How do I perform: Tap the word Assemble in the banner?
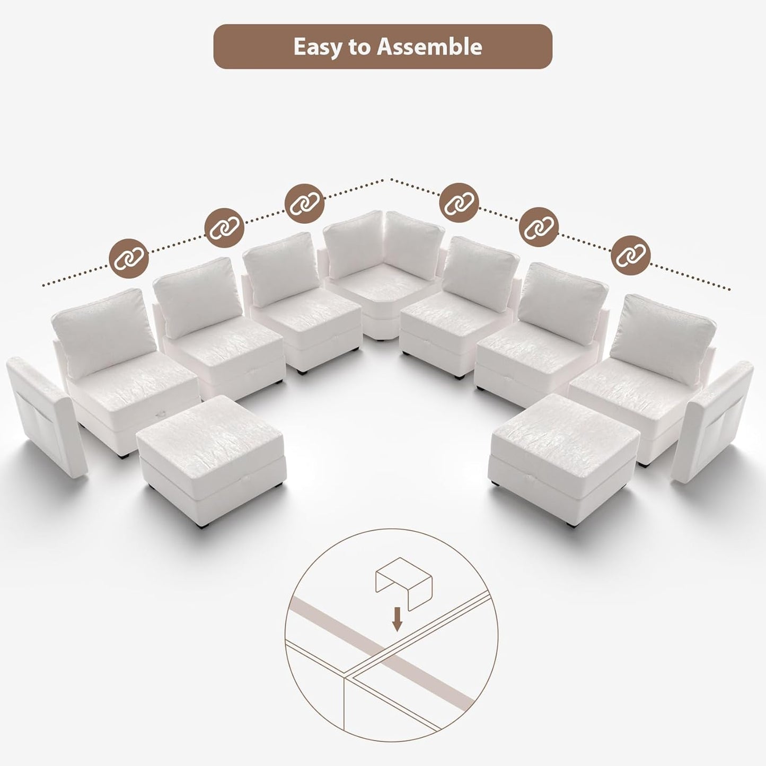tap(429, 47)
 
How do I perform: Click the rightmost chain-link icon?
tap(631, 257)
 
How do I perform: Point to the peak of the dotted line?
tap(391, 179)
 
